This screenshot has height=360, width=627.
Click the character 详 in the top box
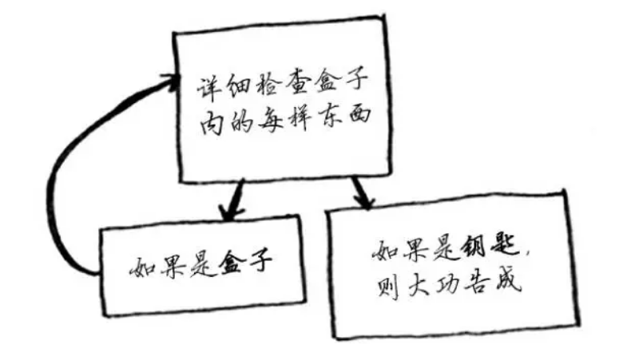pyautogui.click(x=208, y=86)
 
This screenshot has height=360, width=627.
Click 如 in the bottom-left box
pyautogui.click(x=141, y=265)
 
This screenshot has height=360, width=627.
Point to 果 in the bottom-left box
pyautogui.click(x=170, y=264)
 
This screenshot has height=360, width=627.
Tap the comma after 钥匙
pyautogui.click(x=526, y=255)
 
